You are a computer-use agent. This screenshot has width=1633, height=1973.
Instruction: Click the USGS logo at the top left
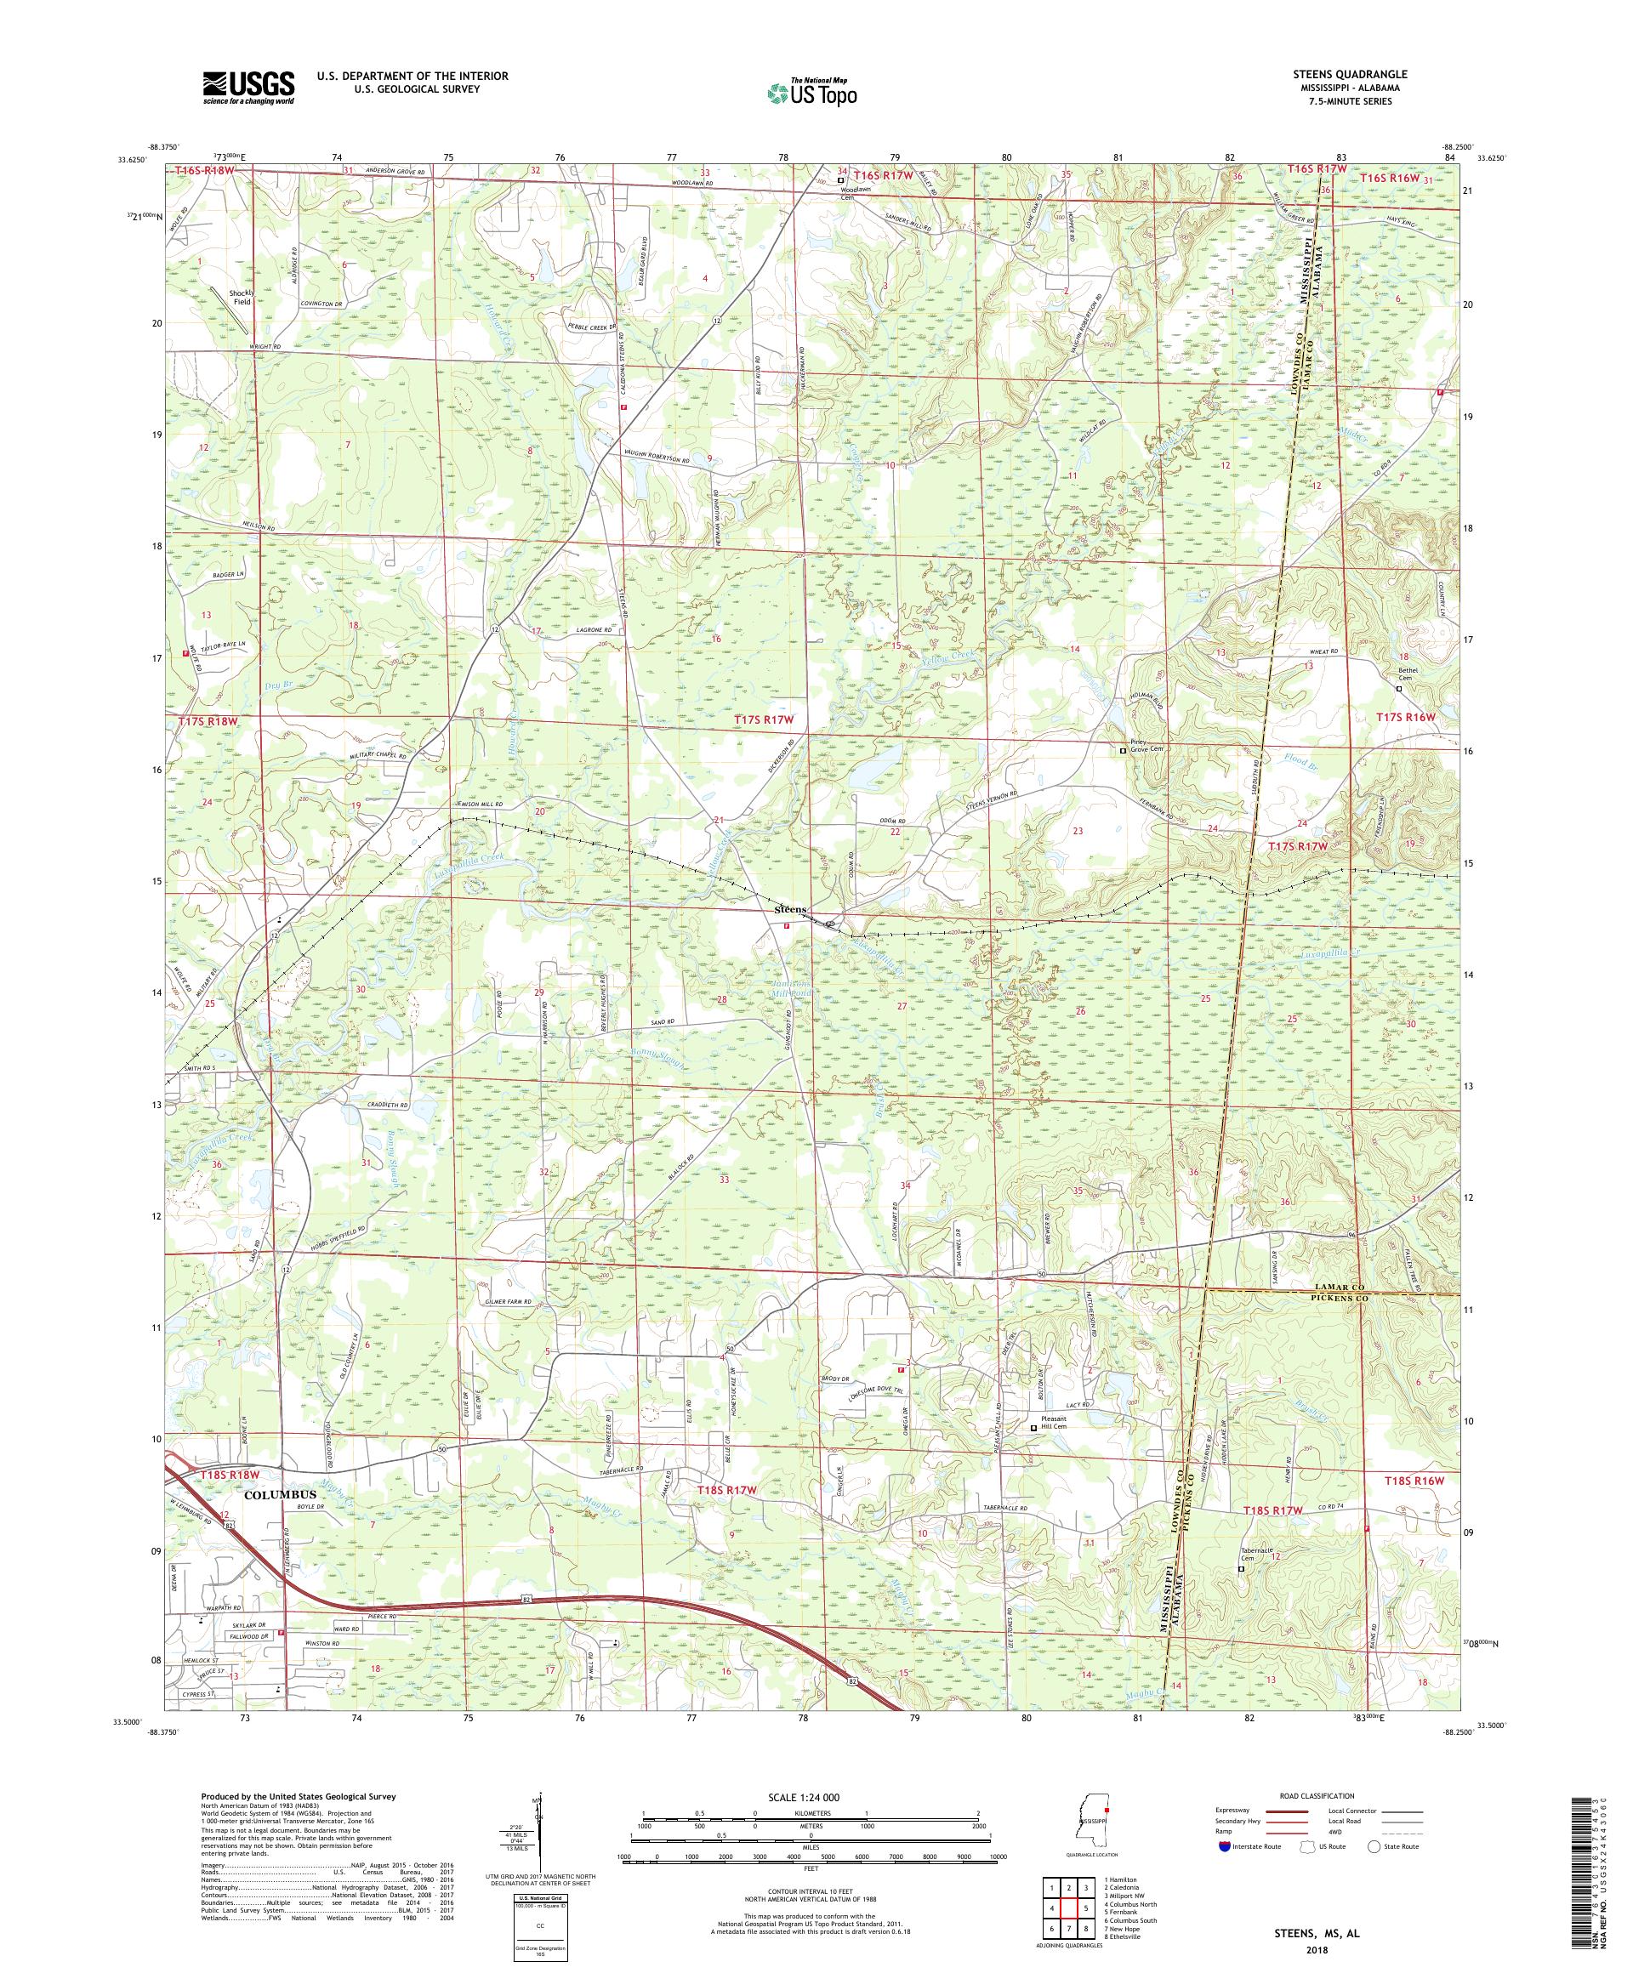(248, 88)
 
